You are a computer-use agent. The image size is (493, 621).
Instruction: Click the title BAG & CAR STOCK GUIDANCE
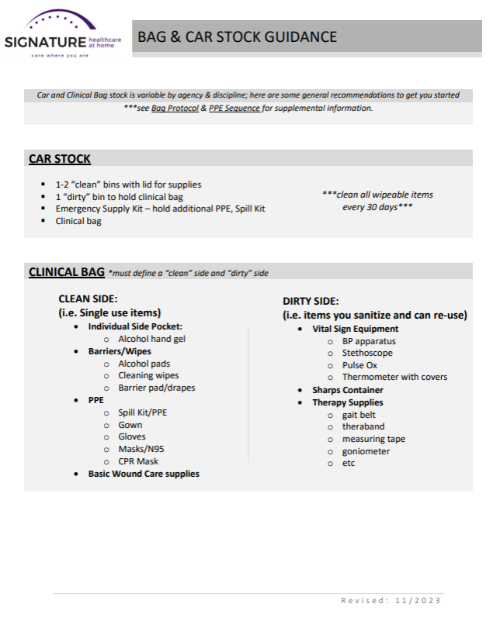[237, 36]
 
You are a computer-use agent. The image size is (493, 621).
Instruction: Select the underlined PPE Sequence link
[234, 108]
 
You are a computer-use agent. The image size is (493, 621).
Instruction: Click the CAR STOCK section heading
[60, 159]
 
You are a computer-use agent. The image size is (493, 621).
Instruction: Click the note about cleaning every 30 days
[377, 201]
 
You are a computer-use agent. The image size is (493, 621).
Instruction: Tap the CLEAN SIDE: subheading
[88, 298]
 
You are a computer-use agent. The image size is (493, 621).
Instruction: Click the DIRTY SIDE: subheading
[311, 301]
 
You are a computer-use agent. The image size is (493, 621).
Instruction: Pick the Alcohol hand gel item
[151, 339]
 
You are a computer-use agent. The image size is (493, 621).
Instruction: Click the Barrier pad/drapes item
[156, 388]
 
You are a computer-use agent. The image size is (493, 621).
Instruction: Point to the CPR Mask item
[138, 461]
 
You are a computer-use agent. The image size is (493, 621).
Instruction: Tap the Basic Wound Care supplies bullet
[143, 474]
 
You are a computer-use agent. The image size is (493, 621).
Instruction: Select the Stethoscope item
[367, 353]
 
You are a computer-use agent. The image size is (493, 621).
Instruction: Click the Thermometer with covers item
[394, 378]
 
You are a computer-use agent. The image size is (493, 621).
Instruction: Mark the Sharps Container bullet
[347, 390]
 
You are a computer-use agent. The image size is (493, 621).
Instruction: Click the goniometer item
[366, 451]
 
